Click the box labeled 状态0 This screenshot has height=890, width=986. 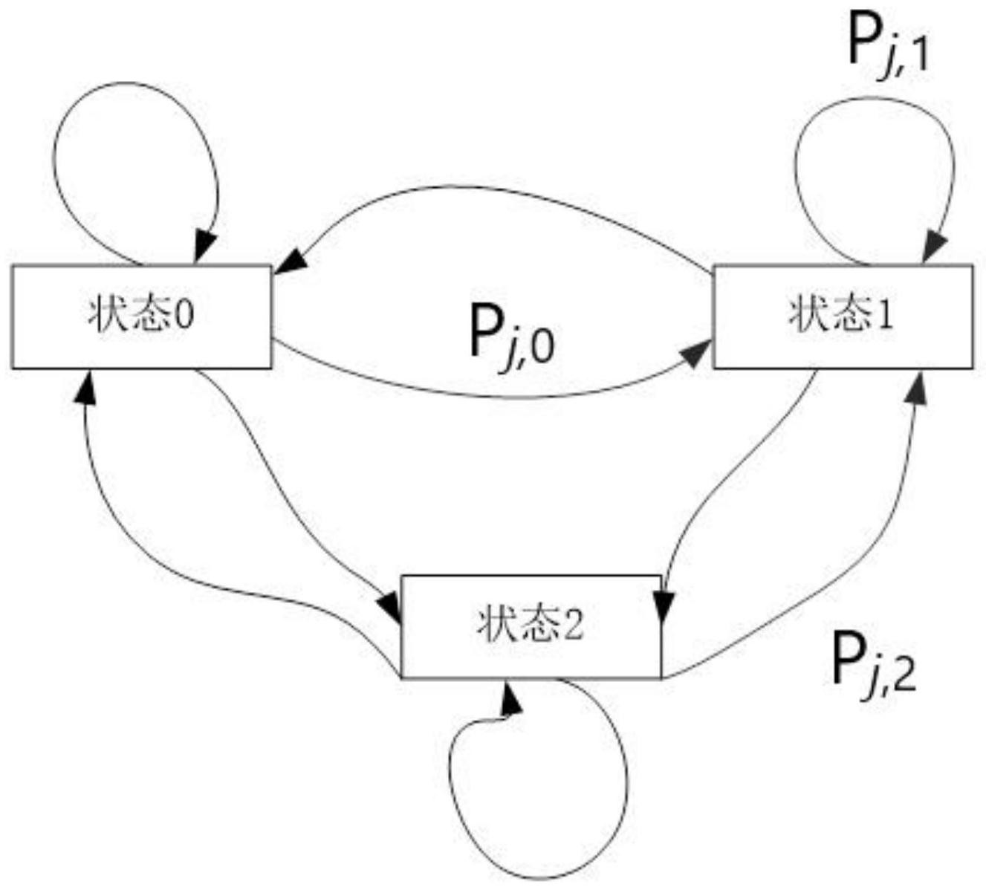(x=142, y=316)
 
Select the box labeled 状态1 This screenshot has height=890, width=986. (x=843, y=316)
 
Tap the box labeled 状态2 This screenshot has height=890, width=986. (x=531, y=626)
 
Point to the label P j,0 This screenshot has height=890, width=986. (x=512, y=336)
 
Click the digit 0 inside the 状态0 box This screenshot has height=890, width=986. (x=185, y=316)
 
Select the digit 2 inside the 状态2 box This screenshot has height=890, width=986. (x=574, y=625)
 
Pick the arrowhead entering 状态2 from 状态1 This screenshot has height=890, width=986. (x=663, y=607)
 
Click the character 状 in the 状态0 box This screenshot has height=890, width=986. (x=104, y=316)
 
